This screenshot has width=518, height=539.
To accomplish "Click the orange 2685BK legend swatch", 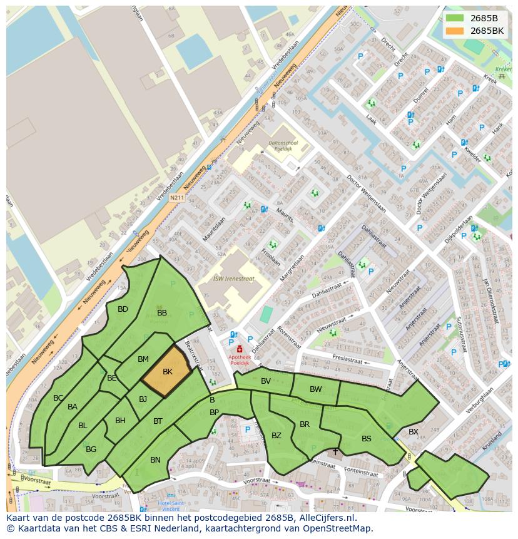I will [x=455, y=31].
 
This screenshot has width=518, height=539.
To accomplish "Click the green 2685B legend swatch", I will [x=455, y=18].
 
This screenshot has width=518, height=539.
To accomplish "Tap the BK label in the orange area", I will [x=167, y=372].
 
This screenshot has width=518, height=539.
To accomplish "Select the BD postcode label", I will [x=123, y=309].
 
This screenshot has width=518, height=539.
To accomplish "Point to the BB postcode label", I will [x=162, y=313].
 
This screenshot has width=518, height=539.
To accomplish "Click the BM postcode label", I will [x=143, y=359].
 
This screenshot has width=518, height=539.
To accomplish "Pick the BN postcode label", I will [x=155, y=460].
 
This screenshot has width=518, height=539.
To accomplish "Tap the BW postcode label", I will [x=315, y=389].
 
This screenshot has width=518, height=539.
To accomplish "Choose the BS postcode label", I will [x=367, y=439].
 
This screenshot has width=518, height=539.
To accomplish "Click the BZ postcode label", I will [x=276, y=436].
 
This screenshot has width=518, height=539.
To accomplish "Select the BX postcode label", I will [x=414, y=432].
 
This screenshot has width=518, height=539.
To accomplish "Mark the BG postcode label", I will [x=91, y=449].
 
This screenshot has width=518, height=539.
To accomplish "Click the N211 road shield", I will [x=177, y=198].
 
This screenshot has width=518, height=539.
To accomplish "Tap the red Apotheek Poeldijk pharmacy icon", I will [x=239, y=349].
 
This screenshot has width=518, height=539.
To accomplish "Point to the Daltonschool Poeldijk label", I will [x=283, y=146].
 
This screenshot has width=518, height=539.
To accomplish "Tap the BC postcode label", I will [x=58, y=398].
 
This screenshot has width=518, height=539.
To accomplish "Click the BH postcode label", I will [x=120, y=421].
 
